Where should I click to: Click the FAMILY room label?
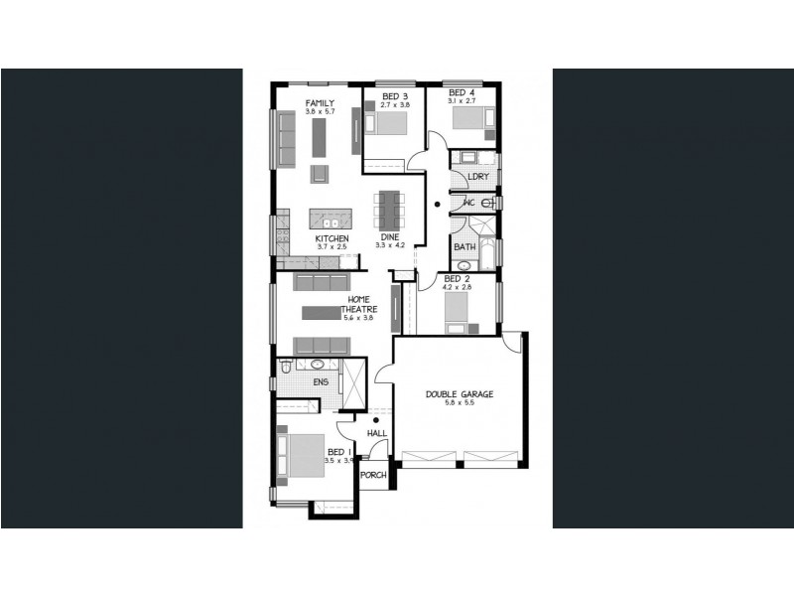319,103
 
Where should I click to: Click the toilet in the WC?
485,203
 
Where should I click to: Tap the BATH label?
463,246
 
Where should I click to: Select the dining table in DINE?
389,210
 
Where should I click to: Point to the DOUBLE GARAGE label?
460,394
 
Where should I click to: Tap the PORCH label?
372,475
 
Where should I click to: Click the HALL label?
376,434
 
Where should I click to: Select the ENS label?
320,381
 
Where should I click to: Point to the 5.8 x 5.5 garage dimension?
460,405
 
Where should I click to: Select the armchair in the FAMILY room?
319,173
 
